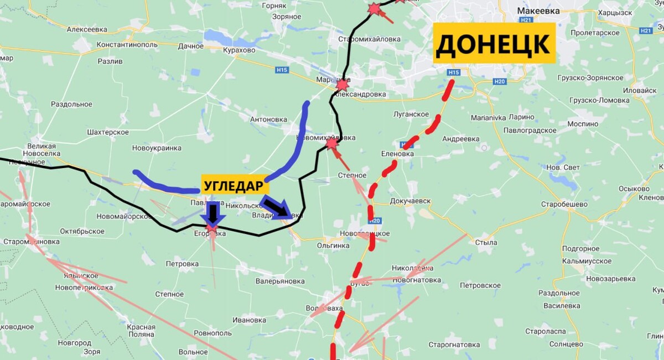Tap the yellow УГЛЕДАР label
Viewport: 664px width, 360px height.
[232, 186]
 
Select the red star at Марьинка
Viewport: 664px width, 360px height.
[343, 85]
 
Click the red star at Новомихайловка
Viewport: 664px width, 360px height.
[331, 144]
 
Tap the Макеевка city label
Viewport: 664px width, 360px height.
[538, 11]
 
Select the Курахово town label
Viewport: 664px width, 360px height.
[238, 50]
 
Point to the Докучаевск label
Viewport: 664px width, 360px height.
[410, 201]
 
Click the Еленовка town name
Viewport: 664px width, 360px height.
[397, 154]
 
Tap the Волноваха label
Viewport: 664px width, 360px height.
[324, 308]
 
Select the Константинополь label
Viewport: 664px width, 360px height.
[127, 45]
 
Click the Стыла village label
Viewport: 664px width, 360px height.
[486, 242]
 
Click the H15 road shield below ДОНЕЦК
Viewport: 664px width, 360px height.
[454, 72]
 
